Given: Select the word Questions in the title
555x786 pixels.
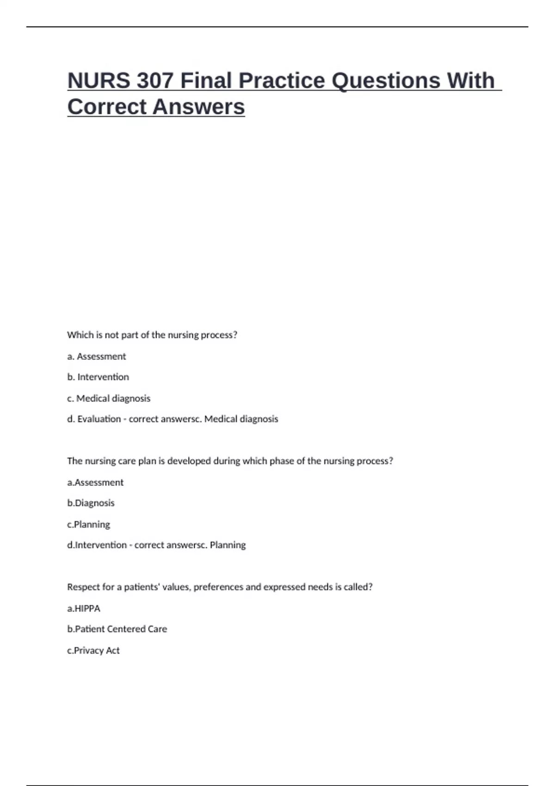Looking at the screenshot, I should tap(386, 80).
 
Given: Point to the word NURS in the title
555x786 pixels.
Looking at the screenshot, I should tap(99, 80).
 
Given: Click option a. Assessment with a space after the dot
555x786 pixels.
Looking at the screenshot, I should tap(96, 356).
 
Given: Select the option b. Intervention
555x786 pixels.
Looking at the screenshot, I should tap(98, 377).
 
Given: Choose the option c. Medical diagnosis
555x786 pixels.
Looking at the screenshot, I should tap(109, 399).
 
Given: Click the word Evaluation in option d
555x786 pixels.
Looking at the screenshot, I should tap(99, 419).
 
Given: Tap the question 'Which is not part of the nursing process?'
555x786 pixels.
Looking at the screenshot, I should tap(152, 335).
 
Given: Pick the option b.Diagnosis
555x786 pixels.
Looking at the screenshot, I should tap(91, 503).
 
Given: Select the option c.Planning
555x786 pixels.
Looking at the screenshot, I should tap(88, 525).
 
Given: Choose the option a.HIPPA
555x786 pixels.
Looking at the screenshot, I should tap(84, 608).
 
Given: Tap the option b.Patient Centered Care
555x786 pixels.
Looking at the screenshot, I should tap(117, 629).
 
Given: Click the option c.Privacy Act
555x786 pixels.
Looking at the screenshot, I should tap(93, 651).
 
